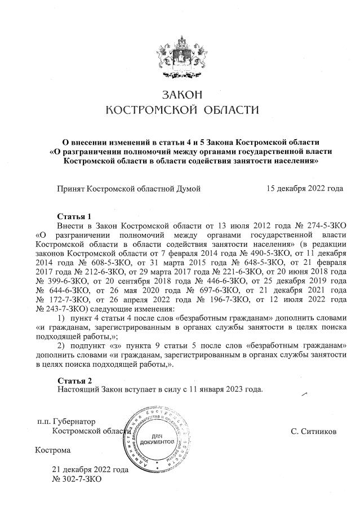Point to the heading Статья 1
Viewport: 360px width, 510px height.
(74, 216)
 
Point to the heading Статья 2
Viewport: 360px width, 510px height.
(74, 380)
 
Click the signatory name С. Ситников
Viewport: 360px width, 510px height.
(314, 431)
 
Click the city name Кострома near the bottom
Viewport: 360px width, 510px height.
(53, 450)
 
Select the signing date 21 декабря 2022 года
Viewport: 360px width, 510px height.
(90, 469)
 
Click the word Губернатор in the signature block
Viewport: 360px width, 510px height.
(75, 421)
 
